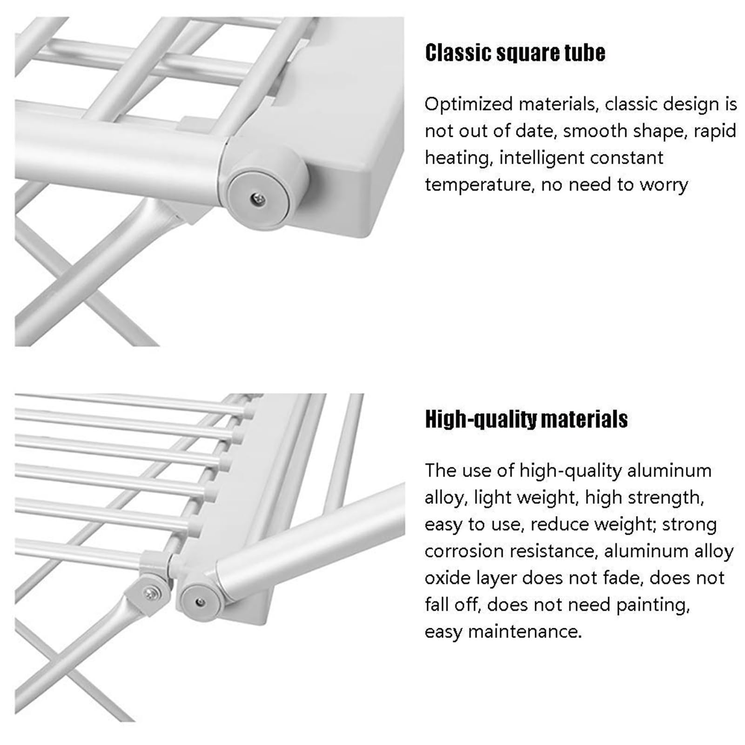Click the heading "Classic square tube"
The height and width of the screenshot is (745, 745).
point(515,53)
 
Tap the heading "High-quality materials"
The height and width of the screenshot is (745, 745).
point(526,419)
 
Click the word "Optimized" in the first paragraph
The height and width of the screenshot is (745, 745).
point(469,104)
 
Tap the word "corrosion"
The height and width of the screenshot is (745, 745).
point(464,551)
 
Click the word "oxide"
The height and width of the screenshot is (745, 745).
point(447,578)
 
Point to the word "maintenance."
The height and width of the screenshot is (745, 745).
point(525,632)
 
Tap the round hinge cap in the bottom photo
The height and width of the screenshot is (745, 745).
point(200,603)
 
